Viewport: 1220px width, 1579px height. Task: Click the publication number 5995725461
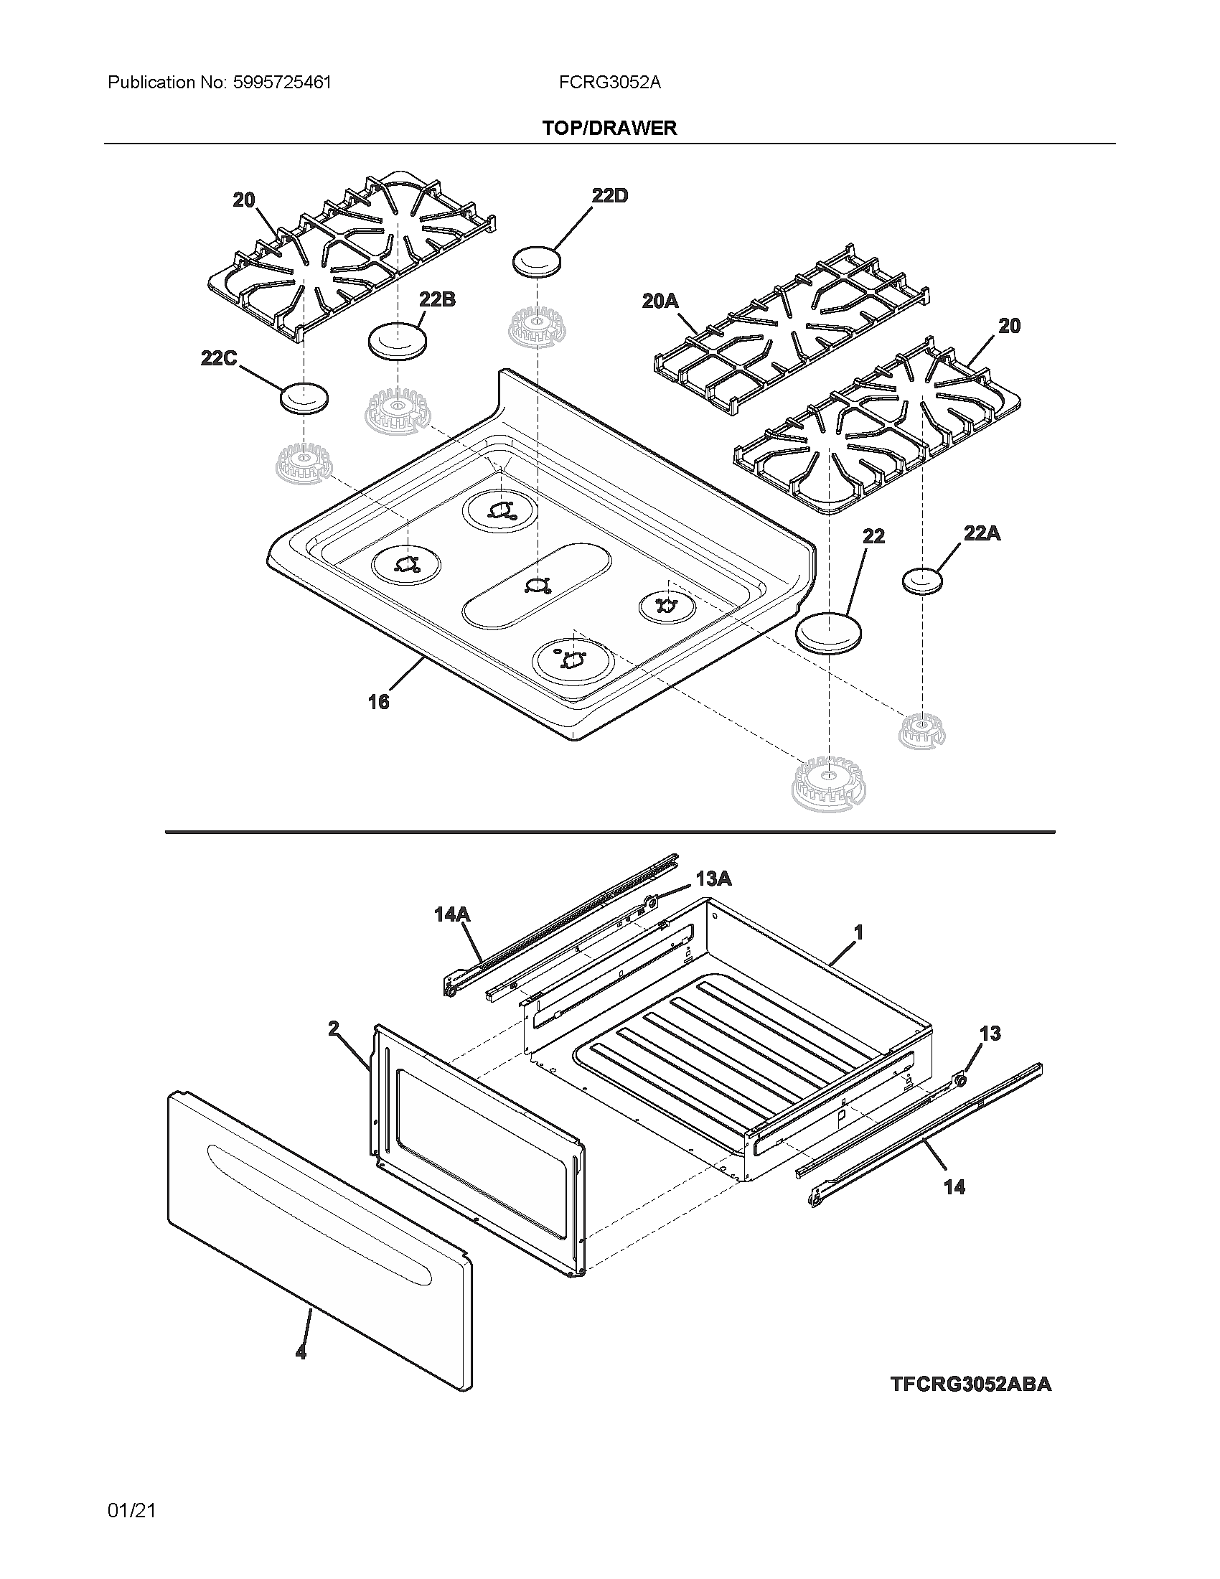(x=282, y=83)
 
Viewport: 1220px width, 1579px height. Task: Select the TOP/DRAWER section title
(x=609, y=128)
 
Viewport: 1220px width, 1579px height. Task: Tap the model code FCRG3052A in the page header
(x=609, y=83)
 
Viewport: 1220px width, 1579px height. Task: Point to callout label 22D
(x=609, y=195)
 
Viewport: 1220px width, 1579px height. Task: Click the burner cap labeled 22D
(x=537, y=261)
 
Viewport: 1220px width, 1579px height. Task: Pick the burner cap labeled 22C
(x=304, y=398)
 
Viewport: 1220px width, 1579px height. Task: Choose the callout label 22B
(x=436, y=299)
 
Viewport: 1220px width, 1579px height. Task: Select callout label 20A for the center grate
(x=660, y=301)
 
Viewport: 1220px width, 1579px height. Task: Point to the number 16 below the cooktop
(x=378, y=701)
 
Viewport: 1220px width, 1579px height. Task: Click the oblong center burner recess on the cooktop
(x=536, y=584)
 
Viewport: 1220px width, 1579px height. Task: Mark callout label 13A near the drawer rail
(x=713, y=878)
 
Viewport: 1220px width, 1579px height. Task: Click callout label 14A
(x=451, y=914)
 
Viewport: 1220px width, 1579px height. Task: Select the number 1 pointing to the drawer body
(x=858, y=933)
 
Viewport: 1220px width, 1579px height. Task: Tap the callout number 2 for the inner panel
(x=333, y=1029)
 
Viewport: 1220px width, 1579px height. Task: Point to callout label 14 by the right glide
(x=954, y=1186)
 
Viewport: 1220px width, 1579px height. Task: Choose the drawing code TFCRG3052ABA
(x=970, y=1384)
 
